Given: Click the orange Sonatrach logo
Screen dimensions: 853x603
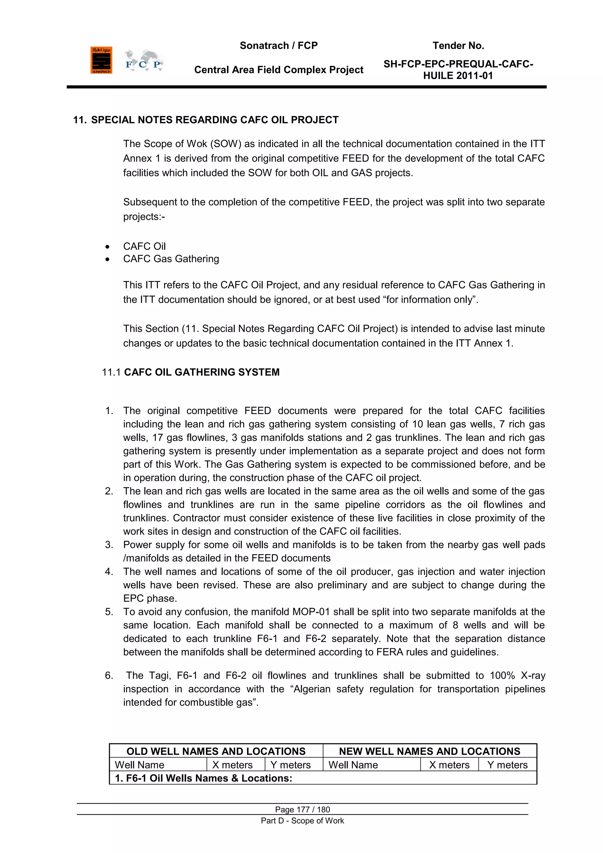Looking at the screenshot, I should pyautogui.click(x=101, y=60).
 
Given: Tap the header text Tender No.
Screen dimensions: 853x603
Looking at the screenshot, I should pyautogui.click(x=458, y=46).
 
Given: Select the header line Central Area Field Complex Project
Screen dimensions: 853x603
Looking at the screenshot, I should pyautogui.click(x=279, y=70).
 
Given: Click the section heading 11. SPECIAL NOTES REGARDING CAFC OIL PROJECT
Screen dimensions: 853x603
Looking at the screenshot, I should pyautogui.click(x=206, y=120).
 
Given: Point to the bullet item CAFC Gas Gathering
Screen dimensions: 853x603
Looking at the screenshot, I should pyautogui.click(x=171, y=259).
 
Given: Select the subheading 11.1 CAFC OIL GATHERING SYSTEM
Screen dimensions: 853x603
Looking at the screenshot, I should pyautogui.click(x=190, y=372).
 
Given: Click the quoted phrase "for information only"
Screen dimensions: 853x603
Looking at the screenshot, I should pyautogui.click(x=429, y=299).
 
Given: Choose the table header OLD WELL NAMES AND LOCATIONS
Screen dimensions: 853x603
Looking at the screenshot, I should pyautogui.click(x=216, y=751).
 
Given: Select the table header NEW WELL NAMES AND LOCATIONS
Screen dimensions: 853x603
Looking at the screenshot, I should pyautogui.click(x=430, y=751).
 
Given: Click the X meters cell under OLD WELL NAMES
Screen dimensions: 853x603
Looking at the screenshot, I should pyautogui.click(x=232, y=765).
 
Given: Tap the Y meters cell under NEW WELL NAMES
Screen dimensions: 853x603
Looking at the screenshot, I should pyautogui.click(x=507, y=765).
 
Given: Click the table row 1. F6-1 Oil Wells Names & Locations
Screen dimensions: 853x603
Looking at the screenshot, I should pyautogui.click(x=203, y=778).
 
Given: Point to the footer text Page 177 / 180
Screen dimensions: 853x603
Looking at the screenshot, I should pyautogui.click(x=302, y=809).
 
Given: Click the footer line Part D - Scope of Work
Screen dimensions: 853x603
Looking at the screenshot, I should pyautogui.click(x=302, y=821).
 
